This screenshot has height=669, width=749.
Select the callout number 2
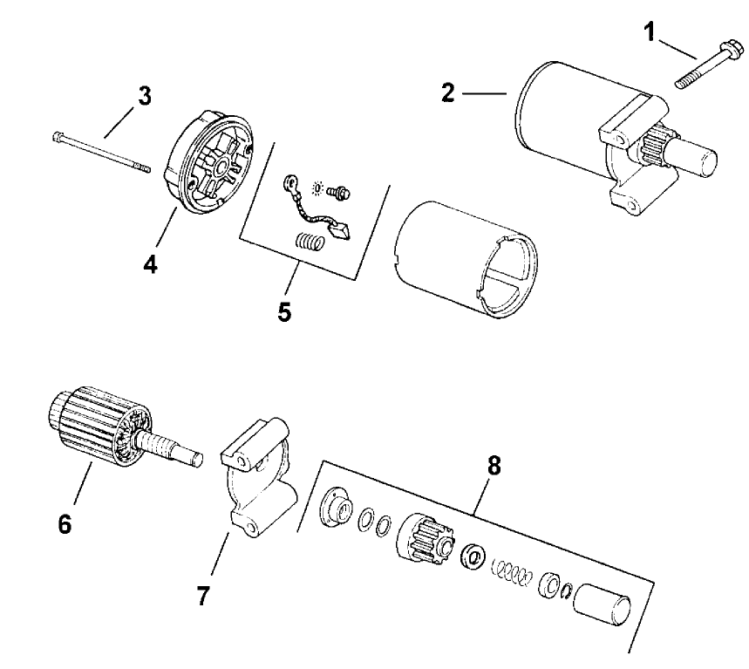448,92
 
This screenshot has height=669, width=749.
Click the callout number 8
494,466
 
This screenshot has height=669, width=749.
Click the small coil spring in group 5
308,241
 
